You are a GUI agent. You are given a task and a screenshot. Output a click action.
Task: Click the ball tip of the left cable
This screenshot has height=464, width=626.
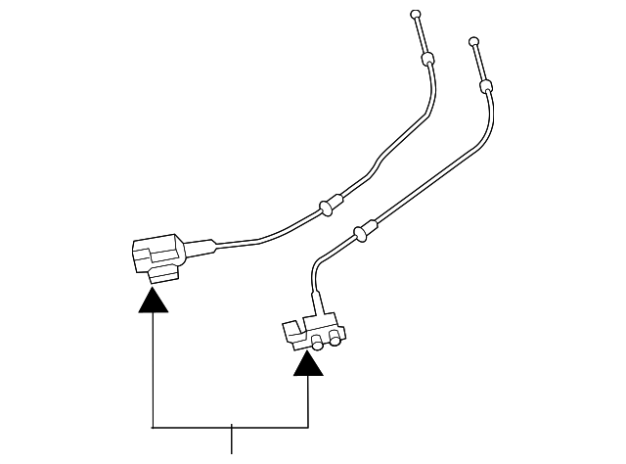point(416,14)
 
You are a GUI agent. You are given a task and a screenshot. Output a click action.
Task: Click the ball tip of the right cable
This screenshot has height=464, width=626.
point(473,42)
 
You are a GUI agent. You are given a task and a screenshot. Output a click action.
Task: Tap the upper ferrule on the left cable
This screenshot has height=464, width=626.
point(426,61)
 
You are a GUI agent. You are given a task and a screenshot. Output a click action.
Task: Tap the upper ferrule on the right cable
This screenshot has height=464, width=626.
point(484,88)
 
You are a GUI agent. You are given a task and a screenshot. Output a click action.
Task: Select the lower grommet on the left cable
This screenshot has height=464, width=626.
point(327,205)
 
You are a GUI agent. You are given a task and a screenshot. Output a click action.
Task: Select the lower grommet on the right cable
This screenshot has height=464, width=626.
point(365,230)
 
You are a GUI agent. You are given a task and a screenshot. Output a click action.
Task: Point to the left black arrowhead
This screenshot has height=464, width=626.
point(154,298)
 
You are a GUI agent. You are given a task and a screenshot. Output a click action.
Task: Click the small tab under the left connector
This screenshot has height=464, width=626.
point(158,278)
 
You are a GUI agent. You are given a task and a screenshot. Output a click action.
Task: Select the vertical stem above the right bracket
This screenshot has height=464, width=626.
point(313,287)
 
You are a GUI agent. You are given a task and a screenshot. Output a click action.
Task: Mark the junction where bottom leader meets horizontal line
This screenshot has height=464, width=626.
point(232,427)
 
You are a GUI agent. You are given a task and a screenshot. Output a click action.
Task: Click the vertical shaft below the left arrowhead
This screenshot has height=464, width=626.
point(154,372)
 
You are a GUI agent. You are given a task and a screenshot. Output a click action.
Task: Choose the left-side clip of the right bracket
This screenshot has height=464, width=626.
point(291,331)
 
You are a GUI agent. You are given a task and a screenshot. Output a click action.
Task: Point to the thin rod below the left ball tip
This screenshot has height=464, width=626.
point(421,37)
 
